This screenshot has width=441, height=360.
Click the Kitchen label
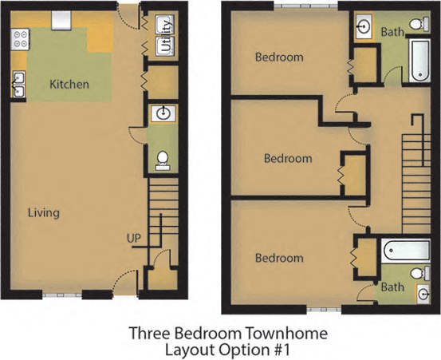69,84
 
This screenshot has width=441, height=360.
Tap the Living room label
44,213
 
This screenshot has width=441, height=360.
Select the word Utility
165,38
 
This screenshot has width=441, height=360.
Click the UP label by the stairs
133,238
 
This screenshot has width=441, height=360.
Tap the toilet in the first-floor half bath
163,160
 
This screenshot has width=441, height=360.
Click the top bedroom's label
279,57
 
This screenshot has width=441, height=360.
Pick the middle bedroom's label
288,158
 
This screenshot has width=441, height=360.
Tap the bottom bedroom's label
279,259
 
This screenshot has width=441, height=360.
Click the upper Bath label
392,33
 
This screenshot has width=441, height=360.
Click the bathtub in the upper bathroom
419,61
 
